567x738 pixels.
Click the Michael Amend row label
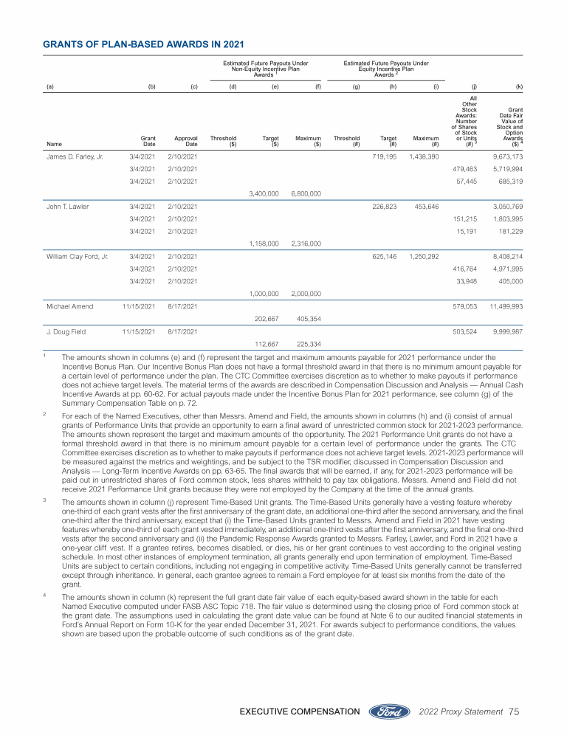pos(66,306)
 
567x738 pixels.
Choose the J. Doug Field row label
pos(64,331)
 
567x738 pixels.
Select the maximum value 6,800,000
pos(306,193)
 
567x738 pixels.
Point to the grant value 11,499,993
pos(505,306)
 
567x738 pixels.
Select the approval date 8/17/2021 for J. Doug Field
pos(181,331)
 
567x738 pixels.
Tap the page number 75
pos(515,711)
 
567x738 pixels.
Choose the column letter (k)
pos(519,86)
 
